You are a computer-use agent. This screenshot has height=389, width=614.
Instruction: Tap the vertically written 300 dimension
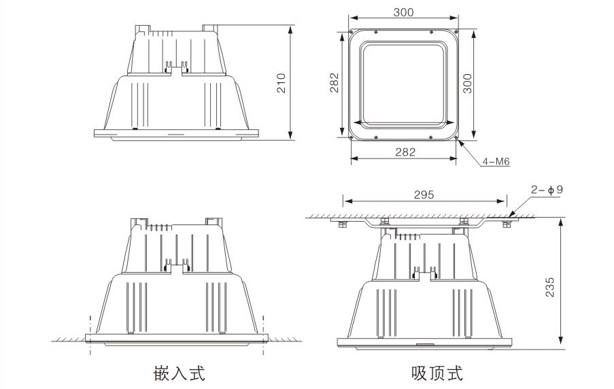coord(468,84)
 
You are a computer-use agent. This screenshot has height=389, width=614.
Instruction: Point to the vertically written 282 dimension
coord(333,84)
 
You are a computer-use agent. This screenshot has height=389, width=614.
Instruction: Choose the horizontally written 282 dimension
coord(405,152)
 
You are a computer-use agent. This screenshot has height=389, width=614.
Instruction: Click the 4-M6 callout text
coord(496,162)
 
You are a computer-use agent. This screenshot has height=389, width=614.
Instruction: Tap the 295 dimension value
coord(424,194)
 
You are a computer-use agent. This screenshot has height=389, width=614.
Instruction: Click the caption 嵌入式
coord(180,373)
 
